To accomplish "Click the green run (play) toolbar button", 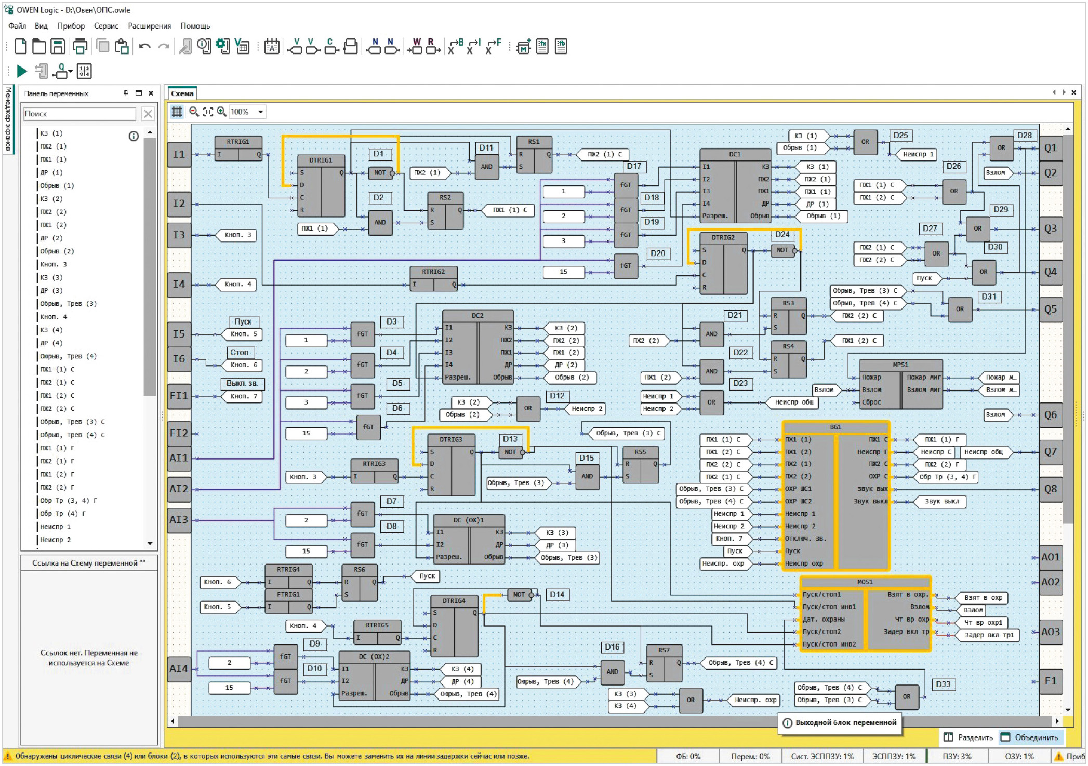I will [22, 71].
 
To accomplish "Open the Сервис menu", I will [106, 26].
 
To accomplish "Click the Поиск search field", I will [79, 114].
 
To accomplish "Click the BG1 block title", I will [835, 427].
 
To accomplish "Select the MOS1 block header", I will [865, 582].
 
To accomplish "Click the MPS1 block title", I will [900, 365].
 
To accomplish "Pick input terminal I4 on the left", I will [179, 284].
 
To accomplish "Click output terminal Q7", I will [1050, 452].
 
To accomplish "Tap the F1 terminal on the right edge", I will [1050, 681].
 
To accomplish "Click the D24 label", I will [782, 235].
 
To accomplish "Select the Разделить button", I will [970, 737].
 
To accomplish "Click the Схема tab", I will [182, 93].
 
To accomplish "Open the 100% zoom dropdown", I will [261, 112].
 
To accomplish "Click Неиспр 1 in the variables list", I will [56, 527].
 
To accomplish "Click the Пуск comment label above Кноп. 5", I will [243, 321].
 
